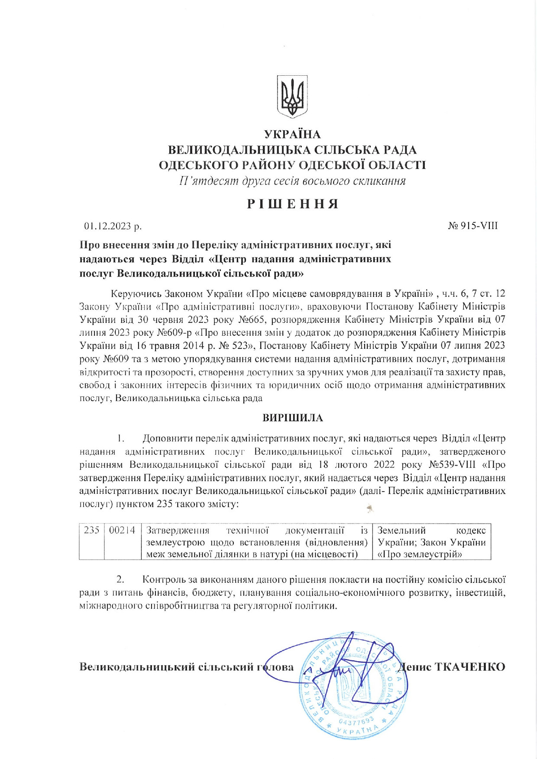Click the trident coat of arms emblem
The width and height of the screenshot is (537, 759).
pyautogui.click(x=293, y=96)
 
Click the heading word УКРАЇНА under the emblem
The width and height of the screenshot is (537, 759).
pyautogui.click(x=292, y=135)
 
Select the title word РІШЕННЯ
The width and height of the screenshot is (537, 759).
pyautogui.click(x=292, y=204)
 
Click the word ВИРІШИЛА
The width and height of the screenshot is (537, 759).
pyautogui.click(x=293, y=418)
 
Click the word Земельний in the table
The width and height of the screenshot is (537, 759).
pyautogui.click(x=401, y=531)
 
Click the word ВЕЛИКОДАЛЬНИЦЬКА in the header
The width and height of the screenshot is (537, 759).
pyautogui.click(x=238, y=150)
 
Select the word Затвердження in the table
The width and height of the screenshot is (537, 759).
pyautogui.click(x=178, y=531)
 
